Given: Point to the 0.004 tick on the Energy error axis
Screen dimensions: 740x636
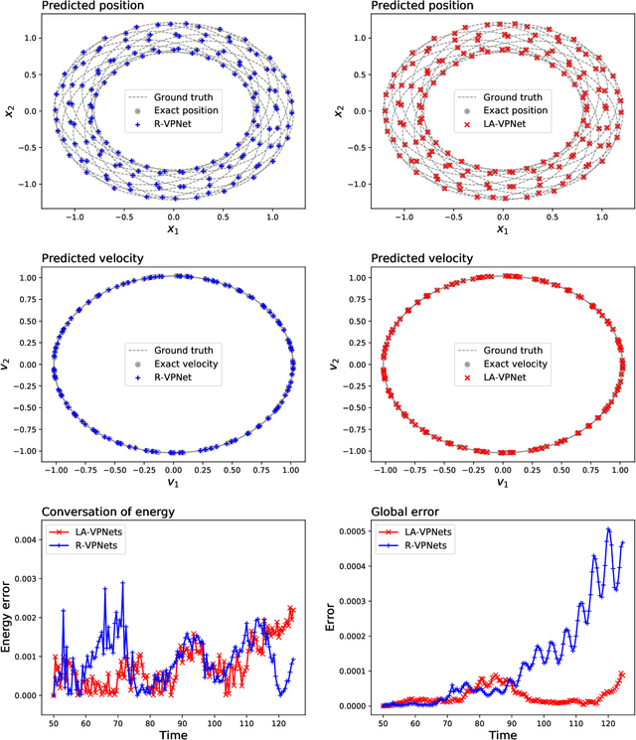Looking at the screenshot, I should [24, 539].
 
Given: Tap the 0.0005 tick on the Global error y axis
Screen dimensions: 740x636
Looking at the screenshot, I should [350, 531].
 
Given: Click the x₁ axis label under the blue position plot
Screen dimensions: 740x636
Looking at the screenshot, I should [174, 230].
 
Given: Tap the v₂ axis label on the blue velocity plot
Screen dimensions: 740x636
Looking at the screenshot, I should [9, 365].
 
